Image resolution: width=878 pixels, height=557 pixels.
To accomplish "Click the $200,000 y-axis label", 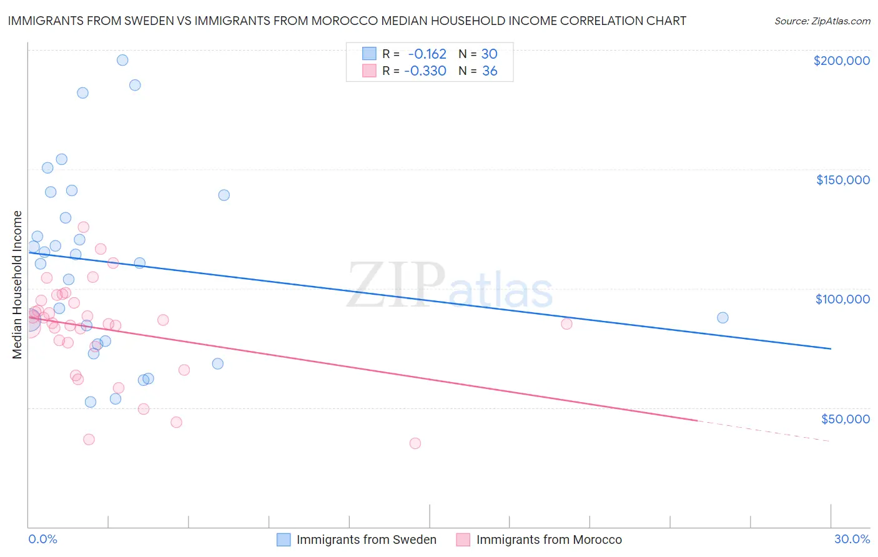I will pos(841,61).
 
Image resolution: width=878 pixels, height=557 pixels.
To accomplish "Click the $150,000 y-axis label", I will pos(842,180).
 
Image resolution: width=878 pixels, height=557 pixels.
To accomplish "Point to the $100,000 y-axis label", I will pos(842,299).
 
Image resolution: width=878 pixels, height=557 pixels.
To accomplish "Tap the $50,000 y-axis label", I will pos(845,419).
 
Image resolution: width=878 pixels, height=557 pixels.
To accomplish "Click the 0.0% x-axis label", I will pos(42,539).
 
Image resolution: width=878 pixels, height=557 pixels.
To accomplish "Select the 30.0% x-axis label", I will pos(852,539).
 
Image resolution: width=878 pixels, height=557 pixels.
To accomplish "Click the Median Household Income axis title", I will pos(17,285).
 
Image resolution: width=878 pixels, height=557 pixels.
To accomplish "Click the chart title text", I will pos(347,21).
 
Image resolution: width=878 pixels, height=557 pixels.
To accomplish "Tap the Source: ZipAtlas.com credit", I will pos(822,21).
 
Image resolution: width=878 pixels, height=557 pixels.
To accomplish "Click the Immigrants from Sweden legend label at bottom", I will pos(366,540).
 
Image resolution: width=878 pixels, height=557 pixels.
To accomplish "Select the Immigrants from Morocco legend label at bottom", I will pos(549,540).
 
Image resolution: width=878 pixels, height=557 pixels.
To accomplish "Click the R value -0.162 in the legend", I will pos(427,54).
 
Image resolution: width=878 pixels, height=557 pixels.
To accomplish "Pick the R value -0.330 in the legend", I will pos(425,71).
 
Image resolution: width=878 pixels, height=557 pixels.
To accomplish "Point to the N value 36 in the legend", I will pos(490,71).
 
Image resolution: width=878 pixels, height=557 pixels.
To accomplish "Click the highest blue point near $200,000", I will pos(122,60).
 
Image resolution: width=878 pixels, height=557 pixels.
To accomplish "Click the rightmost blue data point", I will pos(723,317).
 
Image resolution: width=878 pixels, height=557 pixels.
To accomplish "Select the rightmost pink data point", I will pos(566,323).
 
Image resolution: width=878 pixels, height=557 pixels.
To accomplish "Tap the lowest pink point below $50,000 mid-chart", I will pos(415,443).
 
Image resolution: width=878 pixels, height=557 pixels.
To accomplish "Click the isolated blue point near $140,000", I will pos(224,195).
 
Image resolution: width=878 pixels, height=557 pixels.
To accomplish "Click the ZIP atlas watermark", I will pos(450,286).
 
